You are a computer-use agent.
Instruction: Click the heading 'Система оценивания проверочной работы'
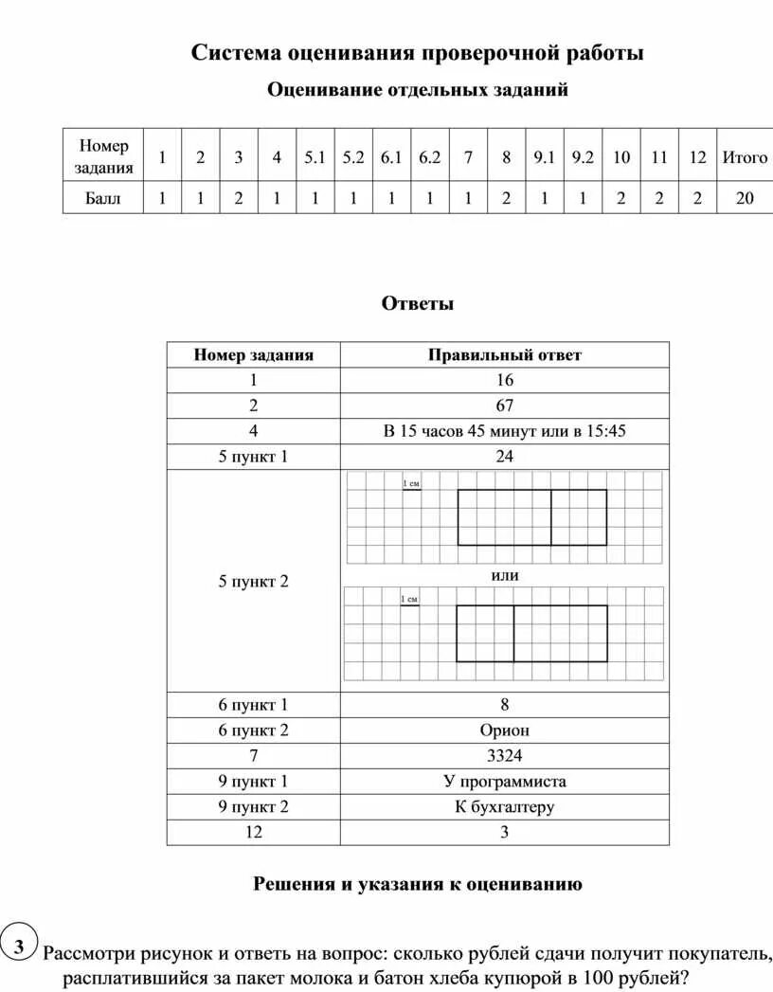(x=418, y=53)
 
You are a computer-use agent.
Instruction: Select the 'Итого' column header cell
(x=745, y=158)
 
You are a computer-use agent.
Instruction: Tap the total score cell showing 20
(x=745, y=199)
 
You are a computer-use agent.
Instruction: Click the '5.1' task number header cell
(x=315, y=158)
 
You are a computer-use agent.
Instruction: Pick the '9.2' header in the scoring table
(x=582, y=158)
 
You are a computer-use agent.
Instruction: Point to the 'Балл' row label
(x=103, y=199)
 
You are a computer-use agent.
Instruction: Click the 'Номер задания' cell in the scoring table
(x=103, y=157)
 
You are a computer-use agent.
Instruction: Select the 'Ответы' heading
(x=418, y=304)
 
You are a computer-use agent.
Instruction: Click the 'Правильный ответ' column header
(x=504, y=355)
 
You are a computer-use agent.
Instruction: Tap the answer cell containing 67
(x=504, y=406)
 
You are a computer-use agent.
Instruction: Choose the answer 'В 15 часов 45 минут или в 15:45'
(x=504, y=431)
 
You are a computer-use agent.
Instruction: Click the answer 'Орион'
(x=504, y=730)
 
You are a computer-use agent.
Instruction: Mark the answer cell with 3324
(x=504, y=756)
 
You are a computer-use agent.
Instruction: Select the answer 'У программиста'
(x=504, y=782)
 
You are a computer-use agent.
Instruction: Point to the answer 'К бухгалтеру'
(x=504, y=807)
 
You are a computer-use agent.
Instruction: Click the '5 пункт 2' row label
(x=253, y=581)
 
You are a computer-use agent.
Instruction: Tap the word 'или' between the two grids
(x=505, y=575)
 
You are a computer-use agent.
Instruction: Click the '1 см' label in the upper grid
(x=410, y=484)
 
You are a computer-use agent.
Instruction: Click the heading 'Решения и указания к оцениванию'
(x=418, y=884)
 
